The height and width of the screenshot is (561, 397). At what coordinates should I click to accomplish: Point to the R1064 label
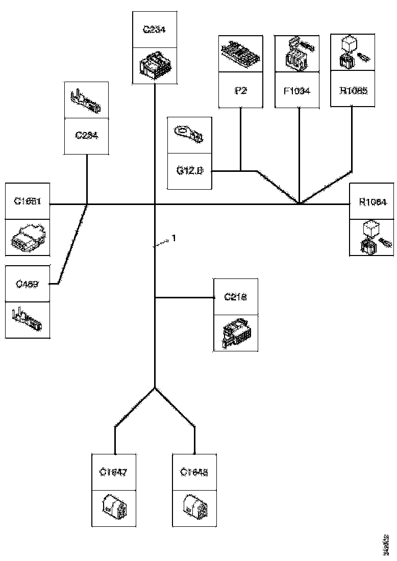(x=373, y=201)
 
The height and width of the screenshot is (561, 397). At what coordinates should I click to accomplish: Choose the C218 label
(x=236, y=296)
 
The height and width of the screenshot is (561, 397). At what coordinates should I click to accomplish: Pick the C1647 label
(x=113, y=472)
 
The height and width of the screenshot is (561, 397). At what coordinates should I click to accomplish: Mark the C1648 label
(x=194, y=472)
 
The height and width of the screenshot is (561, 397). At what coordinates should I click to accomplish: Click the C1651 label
(x=28, y=201)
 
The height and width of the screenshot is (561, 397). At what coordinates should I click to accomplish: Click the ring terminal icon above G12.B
(x=189, y=134)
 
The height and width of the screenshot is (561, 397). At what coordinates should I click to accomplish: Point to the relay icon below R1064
(x=373, y=237)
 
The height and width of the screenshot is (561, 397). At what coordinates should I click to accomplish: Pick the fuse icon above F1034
(x=296, y=54)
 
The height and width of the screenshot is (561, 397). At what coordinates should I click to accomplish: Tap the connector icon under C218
(x=236, y=333)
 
